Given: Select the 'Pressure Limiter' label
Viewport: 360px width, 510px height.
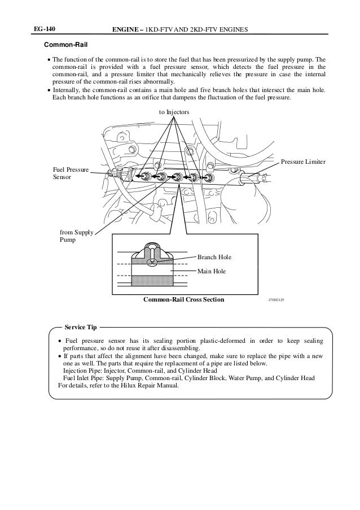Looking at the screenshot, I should (x=303, y=162).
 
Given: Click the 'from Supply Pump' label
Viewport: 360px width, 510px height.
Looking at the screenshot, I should (x=76, y=236).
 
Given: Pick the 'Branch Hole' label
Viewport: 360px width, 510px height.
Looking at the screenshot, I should (x=214, y=257).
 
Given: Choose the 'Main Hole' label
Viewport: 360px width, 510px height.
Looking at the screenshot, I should (x=211, y=271).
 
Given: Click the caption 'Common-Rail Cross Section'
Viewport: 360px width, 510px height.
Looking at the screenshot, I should (x=184, y=299).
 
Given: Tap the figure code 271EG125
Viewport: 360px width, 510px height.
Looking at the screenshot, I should (x=276, y=299).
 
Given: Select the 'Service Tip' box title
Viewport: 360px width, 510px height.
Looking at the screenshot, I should (x=81, y=327).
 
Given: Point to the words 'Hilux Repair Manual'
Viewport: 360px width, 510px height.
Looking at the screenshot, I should (x=150, y=386).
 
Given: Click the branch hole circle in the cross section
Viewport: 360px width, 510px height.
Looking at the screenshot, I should (x=151, y=262).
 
